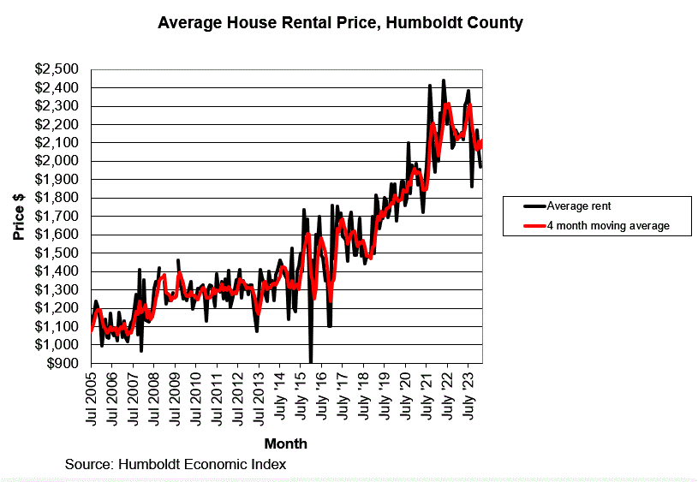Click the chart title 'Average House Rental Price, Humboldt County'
pyautogui.click(x=340, y=23)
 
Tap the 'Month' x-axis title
pyautogui.click(x=285, y=443)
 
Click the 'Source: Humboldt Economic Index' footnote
pyautogui.click(x=176, y=464)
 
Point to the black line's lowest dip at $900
pyautogui.click(x=311, y=360)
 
